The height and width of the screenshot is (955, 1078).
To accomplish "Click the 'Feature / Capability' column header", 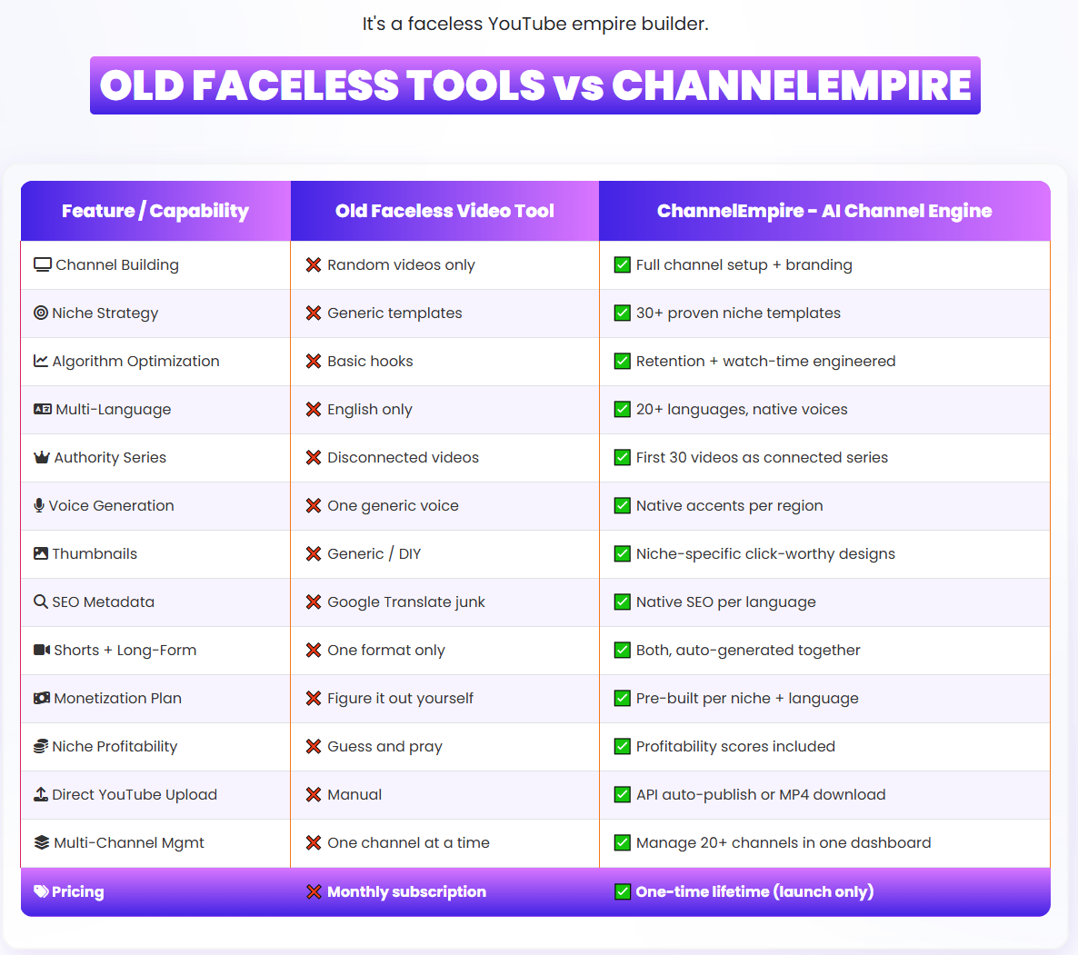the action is point(155,211).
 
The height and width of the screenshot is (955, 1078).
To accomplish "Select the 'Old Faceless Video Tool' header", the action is point(444,211).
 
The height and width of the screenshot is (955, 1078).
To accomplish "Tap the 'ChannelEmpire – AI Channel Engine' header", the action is point(824,211).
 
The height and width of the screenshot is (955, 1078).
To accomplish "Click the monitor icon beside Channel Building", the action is point(43,264).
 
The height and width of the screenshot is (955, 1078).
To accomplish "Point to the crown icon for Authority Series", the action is point(42,457).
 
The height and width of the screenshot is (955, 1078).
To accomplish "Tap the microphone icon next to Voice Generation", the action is point(39,505).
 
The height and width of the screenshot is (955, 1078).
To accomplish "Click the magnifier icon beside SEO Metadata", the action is point(41,602).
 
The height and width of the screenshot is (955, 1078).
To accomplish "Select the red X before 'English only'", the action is point(314,410).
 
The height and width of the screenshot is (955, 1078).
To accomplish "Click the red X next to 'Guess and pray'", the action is point(314,746).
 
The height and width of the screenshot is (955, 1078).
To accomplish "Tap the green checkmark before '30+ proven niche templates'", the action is point(623,313).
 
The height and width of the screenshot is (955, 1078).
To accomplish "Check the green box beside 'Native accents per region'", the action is point(623,505).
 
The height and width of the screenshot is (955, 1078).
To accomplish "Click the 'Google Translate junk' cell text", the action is point(406,602).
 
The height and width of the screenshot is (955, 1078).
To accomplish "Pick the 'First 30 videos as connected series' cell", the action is point(762,458).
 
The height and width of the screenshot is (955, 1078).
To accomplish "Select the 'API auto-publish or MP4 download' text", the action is point(761,794).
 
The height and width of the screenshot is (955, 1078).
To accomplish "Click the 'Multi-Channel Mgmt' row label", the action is point(128,842).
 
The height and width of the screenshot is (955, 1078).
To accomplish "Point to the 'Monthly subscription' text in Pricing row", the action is point(406,891).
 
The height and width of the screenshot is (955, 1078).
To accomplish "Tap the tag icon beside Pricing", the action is point(41,891).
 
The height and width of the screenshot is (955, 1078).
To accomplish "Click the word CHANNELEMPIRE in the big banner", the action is point(792,85).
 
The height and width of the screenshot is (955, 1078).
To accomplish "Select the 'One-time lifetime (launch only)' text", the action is point(755,891).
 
